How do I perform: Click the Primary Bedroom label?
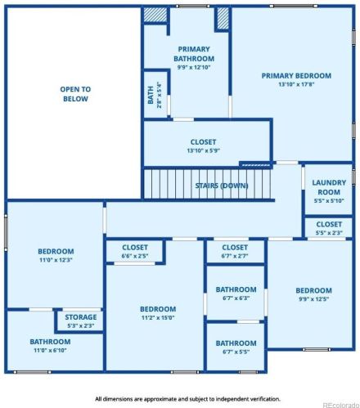pos(296,76)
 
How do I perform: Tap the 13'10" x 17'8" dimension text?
pos(296,84)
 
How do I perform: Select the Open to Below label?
pos(75,94)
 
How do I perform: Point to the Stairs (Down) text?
pos(222,186)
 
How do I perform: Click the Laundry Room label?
pos(329,187)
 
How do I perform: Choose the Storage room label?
pos(81,317)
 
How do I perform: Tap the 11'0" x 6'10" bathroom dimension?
pos(50,350)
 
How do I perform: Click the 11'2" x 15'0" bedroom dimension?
pos(158,317)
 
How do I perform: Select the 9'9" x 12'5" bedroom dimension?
pos(314,298)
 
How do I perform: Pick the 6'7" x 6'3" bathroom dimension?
pos(236,298)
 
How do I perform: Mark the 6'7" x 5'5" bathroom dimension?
pos(236,352)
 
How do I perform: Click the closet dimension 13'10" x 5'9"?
pos(204,150)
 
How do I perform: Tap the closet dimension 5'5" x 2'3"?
pos(329,233)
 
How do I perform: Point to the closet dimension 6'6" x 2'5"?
pos(135,256)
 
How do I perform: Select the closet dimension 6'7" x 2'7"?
pos(235,256)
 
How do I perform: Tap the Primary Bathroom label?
pos(194,54)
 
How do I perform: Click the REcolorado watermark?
pos(341,405)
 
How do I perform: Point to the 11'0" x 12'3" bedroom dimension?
pos(56,260)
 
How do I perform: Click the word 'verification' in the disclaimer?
pos(264,399)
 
